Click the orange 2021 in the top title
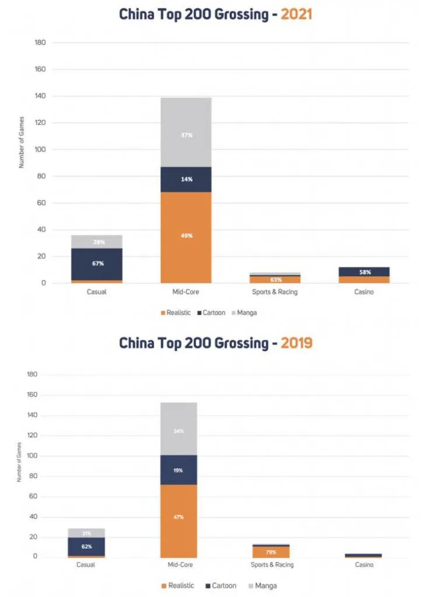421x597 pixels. click(x=296, y=14)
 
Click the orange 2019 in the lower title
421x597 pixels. click(x=296, y=343)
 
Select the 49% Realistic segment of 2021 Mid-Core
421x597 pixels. click(x=187, y=236)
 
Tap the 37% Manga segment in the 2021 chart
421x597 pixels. click(x=187, y=135)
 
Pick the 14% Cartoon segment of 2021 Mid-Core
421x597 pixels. click(x=187, y=179)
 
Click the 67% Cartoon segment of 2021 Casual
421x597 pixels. click(x=97, y=264)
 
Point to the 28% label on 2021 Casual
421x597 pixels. click(x=97, y=242)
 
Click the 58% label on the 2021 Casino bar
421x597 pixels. click(x=364, y=272)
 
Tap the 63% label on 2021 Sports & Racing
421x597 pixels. click(x=275, y=280)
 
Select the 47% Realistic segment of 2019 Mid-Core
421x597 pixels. click(x=179, y=517)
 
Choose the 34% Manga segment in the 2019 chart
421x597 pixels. click(x=179, y=431)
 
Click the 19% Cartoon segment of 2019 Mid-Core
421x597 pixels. click(x=179, y=469)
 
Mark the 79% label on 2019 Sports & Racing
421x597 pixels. click(x=271, y=552)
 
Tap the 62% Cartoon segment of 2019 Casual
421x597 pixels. click(x=86, y=546)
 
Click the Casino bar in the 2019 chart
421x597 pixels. click(x=363, y=556)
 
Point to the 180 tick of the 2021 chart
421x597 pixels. click(x=40, y=43)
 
